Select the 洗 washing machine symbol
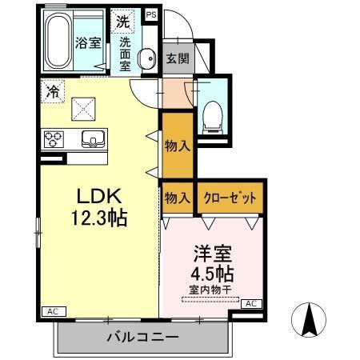[122, 19]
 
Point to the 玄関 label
[177, 58]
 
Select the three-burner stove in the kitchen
[54, 138]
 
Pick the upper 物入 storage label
[177, 146]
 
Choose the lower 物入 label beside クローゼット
[177, 198]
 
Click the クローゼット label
[230, 198]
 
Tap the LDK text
[99, 196]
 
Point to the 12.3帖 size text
[99, 218]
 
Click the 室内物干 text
[210, 290]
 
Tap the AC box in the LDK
[50, 311]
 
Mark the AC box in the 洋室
[250, 303]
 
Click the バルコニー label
[142, 338]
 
